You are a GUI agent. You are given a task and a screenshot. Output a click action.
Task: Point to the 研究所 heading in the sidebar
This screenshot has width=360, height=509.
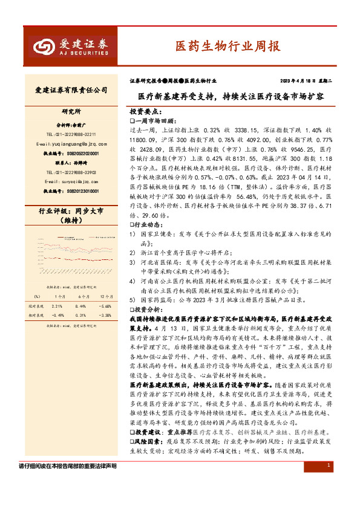(71, 112)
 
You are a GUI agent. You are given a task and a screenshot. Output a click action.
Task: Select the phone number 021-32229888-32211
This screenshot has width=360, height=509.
(71, 134)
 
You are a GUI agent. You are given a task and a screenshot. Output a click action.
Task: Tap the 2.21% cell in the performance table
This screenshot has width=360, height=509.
(57, 306)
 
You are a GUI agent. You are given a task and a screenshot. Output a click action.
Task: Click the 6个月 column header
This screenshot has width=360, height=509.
(82, 296)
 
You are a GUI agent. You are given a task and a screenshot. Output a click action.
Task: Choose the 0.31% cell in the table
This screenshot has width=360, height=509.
(82, 315)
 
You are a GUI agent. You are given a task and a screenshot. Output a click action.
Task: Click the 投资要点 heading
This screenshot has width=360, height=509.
(146, 112)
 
